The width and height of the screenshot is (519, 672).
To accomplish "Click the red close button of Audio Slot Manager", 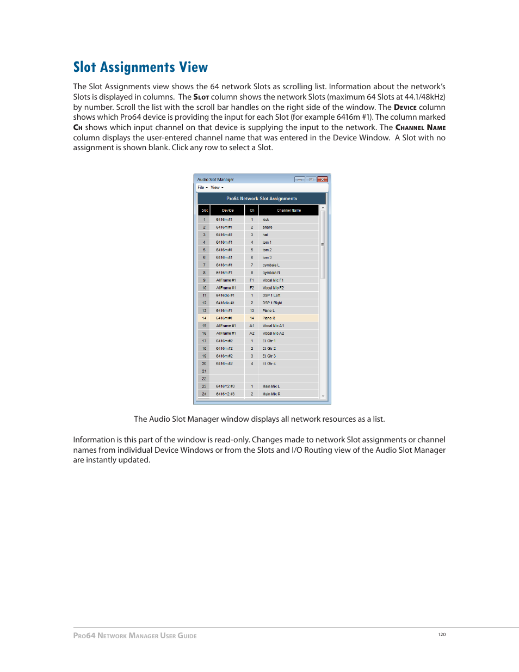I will coord(323,179).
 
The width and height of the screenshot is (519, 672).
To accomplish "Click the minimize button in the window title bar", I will coord(299,179).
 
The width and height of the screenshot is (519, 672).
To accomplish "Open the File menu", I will coord(201,187).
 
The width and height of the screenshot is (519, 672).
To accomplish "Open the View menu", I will coord(216,187).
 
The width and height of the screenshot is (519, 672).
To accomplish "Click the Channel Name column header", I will coord(288,210).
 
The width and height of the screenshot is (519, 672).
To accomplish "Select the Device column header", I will coord(227,210).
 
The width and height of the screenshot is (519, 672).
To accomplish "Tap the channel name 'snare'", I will coord(267,227).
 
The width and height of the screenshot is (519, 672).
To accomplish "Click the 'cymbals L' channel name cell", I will coord(271,265).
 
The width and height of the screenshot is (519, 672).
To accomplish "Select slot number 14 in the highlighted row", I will coord(205,318).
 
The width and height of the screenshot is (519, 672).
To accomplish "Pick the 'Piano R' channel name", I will coord(269,318).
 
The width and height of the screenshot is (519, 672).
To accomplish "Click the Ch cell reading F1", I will coord(252,280).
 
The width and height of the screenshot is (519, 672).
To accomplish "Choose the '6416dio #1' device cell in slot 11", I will coord(225,295).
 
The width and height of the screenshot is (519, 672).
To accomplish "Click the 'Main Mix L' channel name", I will coord(271,386).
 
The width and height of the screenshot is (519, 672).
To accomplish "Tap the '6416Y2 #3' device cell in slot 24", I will coord(225,394).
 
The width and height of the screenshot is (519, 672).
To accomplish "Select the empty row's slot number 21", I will coord(205,371).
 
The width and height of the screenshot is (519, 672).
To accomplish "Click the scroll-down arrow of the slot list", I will coord(323,396).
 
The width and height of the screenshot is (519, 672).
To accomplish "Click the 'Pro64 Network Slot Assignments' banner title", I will coord(262,199).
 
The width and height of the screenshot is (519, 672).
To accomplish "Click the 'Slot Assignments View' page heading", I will coord(140,67).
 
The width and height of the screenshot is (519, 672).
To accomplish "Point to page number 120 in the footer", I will coord(442,634).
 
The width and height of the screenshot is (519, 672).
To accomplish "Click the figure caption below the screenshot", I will coord(259,419).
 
